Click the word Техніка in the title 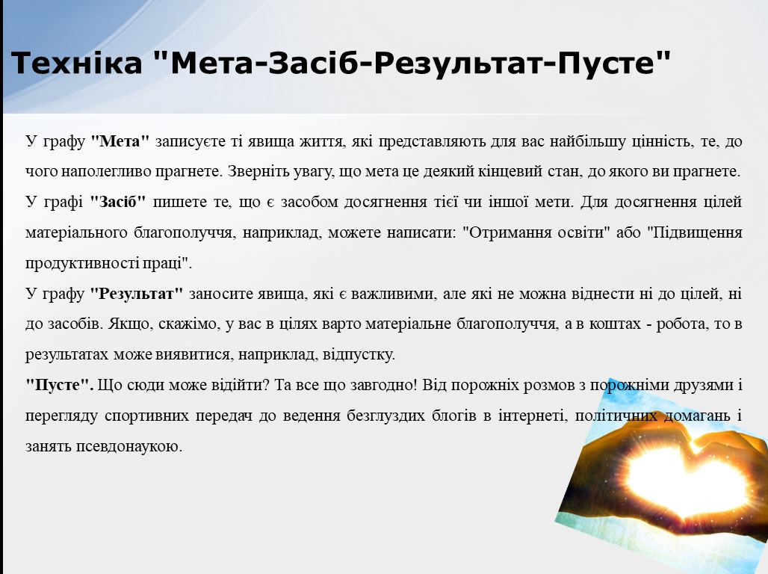pos(76,63)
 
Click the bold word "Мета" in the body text pos(120,142)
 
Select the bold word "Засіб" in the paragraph pos(117,202)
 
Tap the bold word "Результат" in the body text pos(137,294)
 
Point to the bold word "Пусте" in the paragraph pos(59,385)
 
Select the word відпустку pos(359,355)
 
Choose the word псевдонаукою pos(129,446)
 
